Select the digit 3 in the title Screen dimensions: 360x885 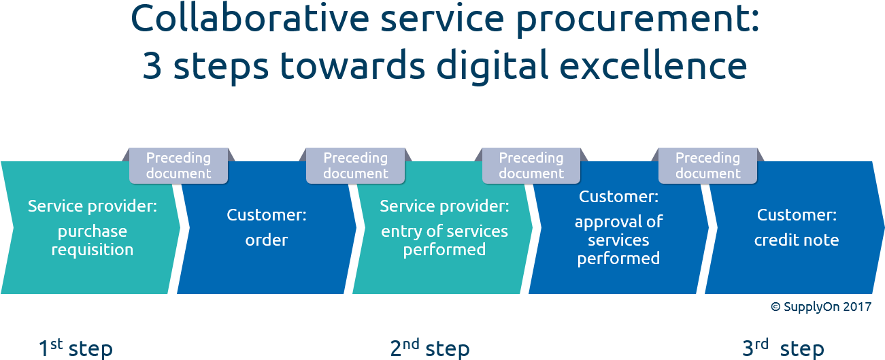(x=152, y=67)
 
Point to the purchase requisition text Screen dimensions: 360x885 (x=92, y=240)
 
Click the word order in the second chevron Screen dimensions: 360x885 (x=267, y=240)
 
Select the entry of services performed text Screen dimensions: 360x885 (x=444, y=240)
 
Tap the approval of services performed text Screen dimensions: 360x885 (x=618, y=240)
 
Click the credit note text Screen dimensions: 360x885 (x=796, y=240)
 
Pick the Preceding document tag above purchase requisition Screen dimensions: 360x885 (x=178, y=165)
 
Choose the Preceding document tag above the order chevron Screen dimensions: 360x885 (x=355, y=165)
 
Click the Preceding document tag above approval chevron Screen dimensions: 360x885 (x=531, y=165)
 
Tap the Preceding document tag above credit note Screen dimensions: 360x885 (x=707, y=165)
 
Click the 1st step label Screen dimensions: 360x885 (x=75, y=348)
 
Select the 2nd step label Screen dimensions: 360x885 (x=429, y=348)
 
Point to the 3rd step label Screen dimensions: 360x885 (x=783, y=348)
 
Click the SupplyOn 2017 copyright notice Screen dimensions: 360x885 (x=820, y=307)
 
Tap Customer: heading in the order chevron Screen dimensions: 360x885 (x=267, y=215)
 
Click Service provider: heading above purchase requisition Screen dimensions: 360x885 (x=92, y=206)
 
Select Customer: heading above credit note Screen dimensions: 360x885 (x=796, y=215)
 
